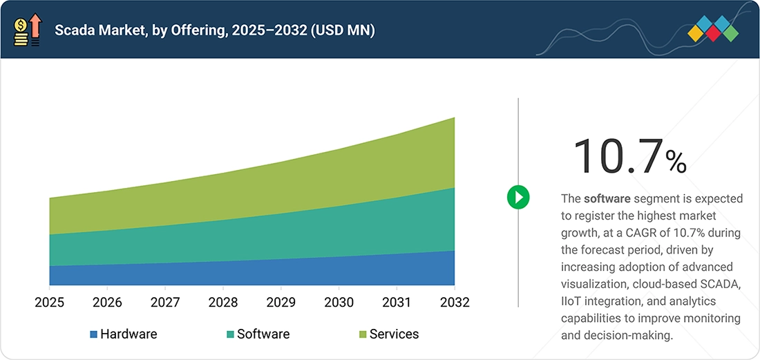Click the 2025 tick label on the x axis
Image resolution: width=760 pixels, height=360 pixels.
point(50,303)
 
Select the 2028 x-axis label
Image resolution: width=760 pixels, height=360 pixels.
point(223,303)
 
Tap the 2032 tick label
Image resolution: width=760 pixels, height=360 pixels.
point(455,303)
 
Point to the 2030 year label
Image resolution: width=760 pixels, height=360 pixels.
point(339,303)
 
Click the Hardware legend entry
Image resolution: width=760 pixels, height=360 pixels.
point(124,334)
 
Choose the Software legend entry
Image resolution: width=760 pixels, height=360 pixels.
point(258,334)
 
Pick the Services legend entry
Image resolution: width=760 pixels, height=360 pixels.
point(389,334)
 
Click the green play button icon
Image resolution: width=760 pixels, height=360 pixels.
point(518,197)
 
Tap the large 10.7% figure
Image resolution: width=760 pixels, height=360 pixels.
point(629,155)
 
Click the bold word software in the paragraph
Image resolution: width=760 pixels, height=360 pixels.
point(607,198)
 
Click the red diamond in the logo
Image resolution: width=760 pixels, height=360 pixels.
point(713,33)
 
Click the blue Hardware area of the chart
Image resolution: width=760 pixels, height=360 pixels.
point(252,273)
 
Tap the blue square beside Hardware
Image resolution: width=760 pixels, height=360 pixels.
point(93,334)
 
